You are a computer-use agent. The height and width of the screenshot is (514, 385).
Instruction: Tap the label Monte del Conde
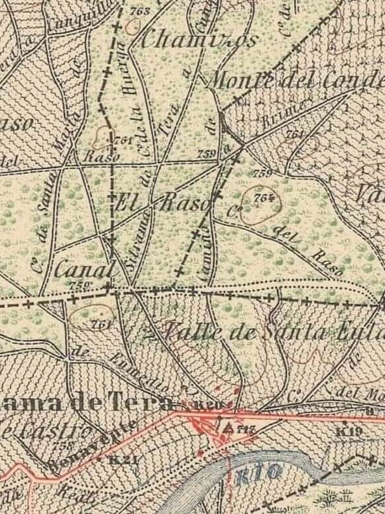[295, 81]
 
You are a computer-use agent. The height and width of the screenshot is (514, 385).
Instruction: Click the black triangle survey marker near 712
[230, 427]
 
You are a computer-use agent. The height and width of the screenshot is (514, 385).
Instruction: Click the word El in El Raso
[126, 203]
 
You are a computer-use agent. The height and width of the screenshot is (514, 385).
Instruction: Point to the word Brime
[283, 111]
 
